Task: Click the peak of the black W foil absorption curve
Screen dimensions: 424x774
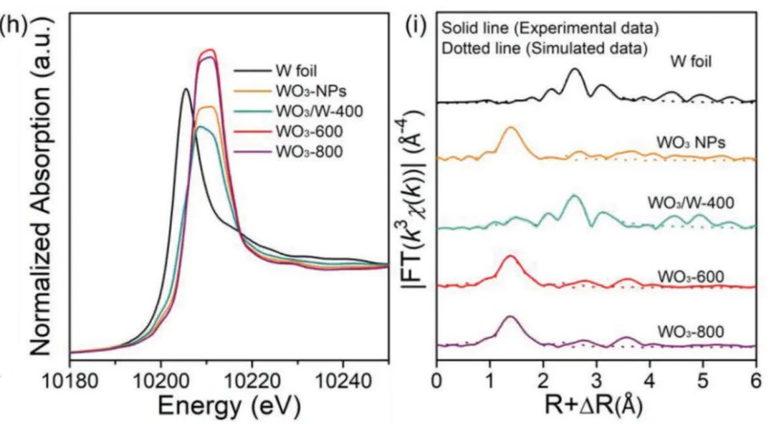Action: [x=186, y=90]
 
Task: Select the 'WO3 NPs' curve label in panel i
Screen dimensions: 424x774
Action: [x=691, y=142]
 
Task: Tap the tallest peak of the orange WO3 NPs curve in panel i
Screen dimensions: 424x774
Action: [x=511, y=128]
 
